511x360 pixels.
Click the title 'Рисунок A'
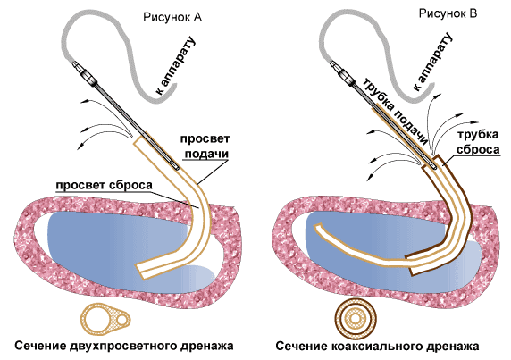coord(172,17)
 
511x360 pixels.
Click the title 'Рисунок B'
coord(448,13)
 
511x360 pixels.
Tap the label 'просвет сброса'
coord(104,185)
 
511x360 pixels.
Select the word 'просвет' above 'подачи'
coord(205,139)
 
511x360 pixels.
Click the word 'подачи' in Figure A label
coord(206,154)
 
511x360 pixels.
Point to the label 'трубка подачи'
coord(395,111)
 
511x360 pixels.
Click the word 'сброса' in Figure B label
coord(478,149)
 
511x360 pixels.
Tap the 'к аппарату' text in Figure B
coord(431,63)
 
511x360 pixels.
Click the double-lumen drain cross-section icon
coord(105,319)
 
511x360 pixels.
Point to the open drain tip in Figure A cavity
coord(141,272)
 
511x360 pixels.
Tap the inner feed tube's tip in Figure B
coord(317,226)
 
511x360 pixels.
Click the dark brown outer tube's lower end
coord(412,271)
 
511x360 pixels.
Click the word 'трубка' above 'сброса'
coord(478,135)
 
